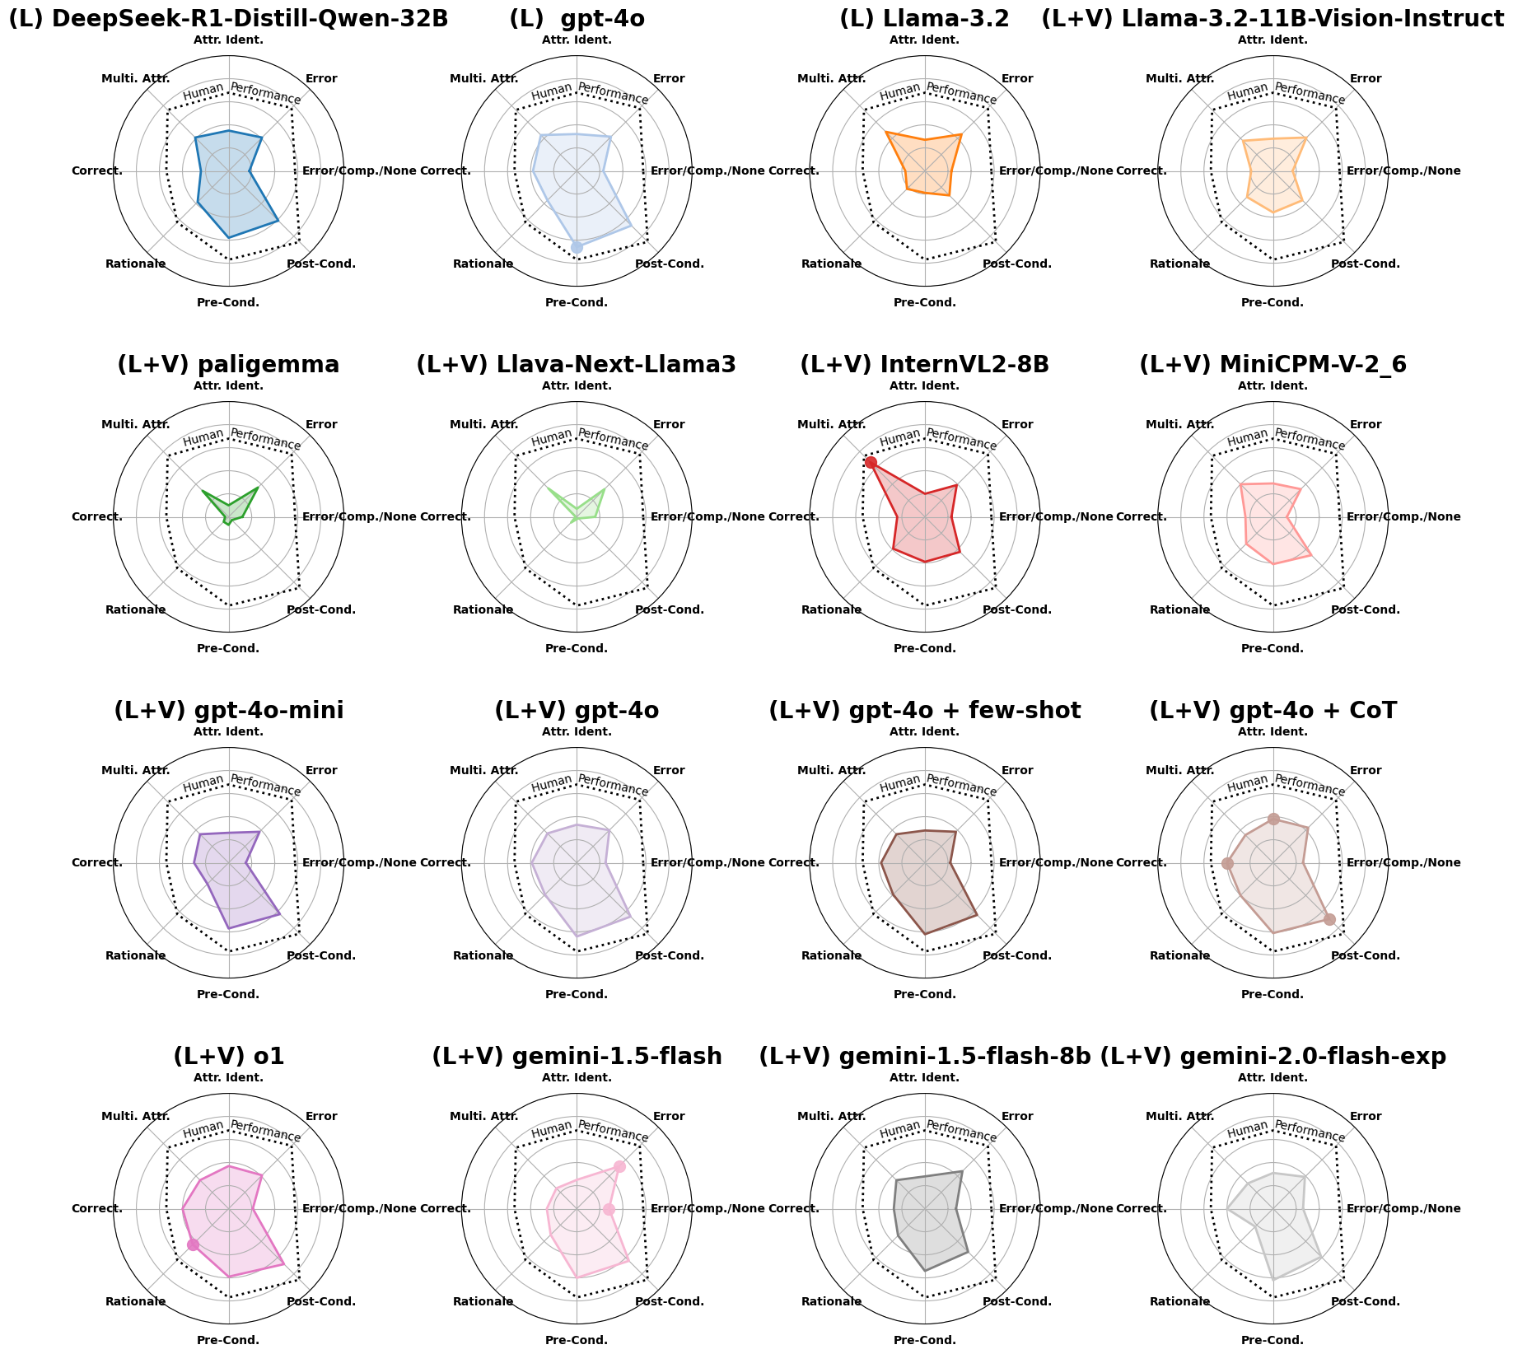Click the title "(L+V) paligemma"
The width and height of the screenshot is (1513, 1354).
coord(228,364)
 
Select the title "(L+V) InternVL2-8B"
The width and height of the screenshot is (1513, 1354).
coord(924,364)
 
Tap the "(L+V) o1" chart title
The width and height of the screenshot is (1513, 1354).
coord(228,1056)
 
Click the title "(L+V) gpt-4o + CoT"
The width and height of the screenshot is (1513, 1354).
coord(1273,710)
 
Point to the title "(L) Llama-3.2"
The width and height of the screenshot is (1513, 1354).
coord(924,19)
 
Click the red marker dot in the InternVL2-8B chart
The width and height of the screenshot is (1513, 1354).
coord(871,462)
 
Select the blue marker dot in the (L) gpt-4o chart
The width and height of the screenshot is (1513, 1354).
coord(577,247)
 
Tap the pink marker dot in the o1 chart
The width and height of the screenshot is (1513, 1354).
coord(193,1244)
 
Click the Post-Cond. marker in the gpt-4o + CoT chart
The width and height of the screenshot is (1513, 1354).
coord(1329,919)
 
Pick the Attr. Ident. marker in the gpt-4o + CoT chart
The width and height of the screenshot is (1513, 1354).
coord(1273,819)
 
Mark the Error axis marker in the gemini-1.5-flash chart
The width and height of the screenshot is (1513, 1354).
coord(619,1166)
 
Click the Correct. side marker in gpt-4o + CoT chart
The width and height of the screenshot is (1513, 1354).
coord(1227,863)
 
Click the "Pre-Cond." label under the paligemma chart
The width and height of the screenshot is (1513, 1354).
coord(228,648)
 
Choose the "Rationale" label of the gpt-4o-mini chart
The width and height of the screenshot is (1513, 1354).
coord(136,955)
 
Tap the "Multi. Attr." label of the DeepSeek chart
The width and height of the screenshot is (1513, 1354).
coord(136,79)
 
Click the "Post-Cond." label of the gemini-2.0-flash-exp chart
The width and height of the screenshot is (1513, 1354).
coord(1366,1301)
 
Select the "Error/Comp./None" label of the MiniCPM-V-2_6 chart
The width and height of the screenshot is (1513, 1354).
coord(1403,517)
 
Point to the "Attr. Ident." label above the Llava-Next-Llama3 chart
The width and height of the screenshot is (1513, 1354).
coord(577,385)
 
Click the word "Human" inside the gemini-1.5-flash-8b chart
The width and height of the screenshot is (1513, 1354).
coord(899,1129)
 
